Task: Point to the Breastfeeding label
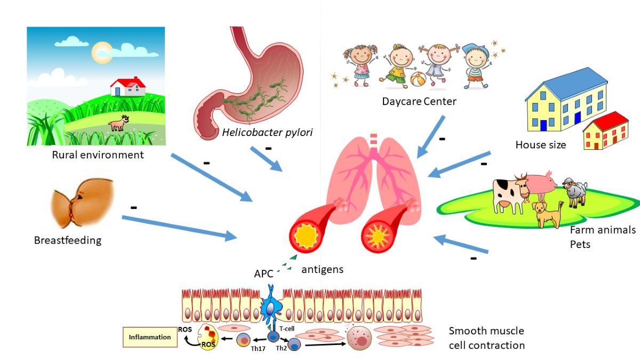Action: [68, 240]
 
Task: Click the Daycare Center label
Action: [419, 101]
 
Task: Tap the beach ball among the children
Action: [418, 80]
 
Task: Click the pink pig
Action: [541, 185]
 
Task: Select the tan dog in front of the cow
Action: [547, 213]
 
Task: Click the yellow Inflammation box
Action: [150, 337]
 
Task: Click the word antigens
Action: [322, 270]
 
